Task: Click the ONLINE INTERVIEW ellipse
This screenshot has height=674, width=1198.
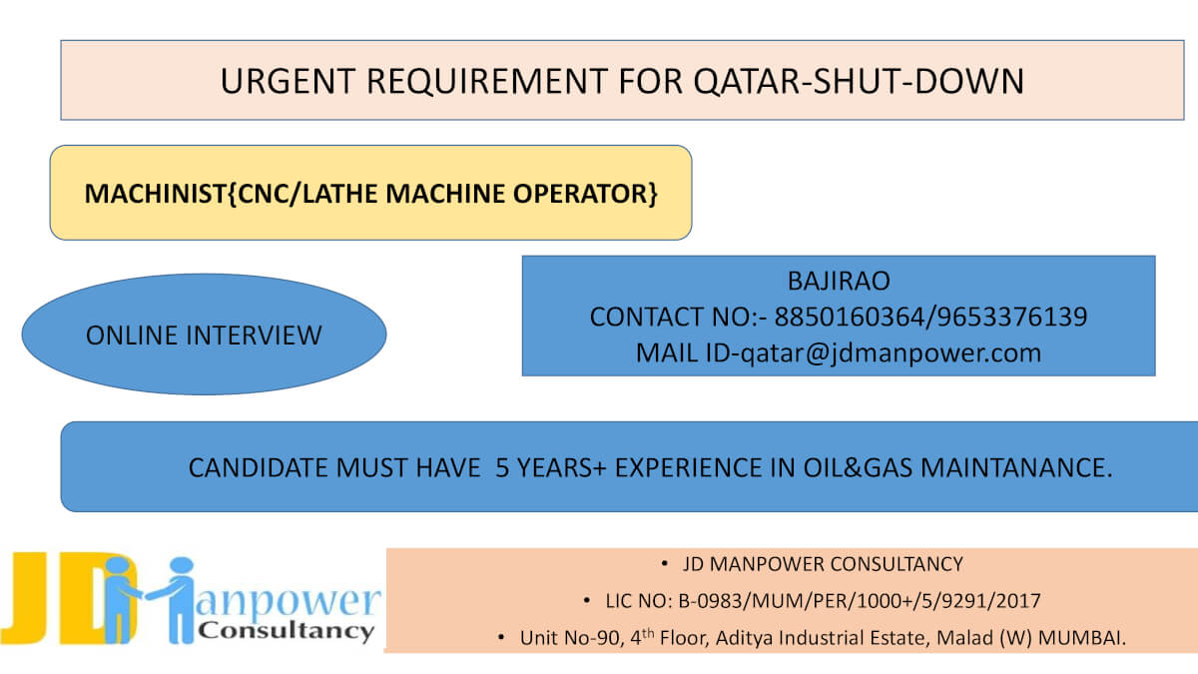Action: [x=204, y=335]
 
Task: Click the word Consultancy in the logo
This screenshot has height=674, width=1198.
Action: [x=287, y=631]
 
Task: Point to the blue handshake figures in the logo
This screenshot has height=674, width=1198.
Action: [x=150, y=599]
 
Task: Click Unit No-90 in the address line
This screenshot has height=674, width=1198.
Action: [x=568, y=638]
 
